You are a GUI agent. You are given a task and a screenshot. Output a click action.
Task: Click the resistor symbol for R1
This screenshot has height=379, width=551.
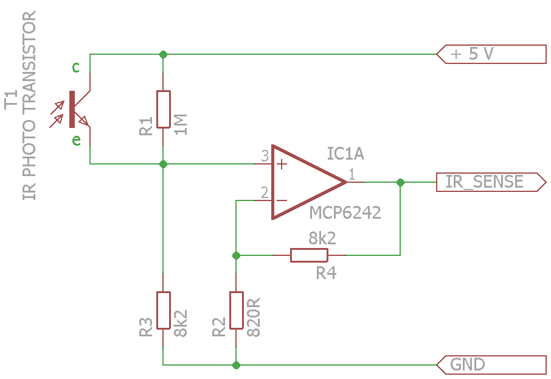click(163, 109)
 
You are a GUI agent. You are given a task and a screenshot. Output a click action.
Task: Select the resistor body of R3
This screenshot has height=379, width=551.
click(163, 310)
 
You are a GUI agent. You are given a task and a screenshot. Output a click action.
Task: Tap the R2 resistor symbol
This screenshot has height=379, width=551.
click(236, 310)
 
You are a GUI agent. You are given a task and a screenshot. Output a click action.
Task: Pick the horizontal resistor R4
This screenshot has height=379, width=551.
click(309, 255)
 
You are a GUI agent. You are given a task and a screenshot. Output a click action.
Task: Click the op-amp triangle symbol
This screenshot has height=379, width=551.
click(304, 182)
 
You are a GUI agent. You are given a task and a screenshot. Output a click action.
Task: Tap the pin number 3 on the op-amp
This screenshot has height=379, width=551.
click(265, 157)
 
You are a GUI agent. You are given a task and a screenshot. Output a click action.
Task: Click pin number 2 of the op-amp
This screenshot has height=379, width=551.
click(265, 193)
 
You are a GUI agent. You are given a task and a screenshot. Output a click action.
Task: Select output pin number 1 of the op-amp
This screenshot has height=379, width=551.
click(353, 174)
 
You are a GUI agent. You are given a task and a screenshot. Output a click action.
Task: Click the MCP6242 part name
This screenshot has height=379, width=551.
click(345, 213)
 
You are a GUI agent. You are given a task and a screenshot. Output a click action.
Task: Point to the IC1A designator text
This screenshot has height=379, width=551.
click(345, 154)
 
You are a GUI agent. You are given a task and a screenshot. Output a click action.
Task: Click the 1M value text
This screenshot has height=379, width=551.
click(181, 124)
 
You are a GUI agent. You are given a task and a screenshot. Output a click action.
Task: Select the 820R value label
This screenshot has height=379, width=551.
click(254, 317)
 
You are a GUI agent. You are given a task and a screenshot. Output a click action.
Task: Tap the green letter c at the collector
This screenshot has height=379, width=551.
click(75, 67)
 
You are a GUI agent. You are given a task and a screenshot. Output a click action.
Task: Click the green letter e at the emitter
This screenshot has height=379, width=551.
click(76, 141)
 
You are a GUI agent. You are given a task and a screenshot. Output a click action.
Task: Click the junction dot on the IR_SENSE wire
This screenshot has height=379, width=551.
click(400, 182)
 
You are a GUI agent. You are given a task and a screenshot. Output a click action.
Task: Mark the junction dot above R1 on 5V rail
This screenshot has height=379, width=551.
click(163, 54)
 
